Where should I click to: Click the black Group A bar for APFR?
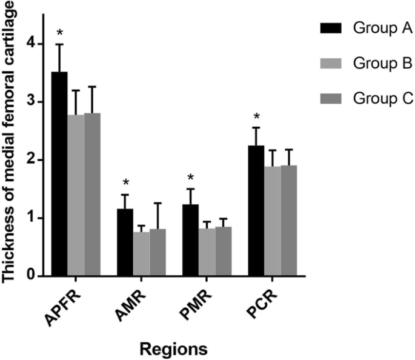tap(59, 175)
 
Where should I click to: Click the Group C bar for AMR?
tap(158, 253)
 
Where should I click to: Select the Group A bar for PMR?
tap(190, 241)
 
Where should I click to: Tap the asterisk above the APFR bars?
tap(59, 32)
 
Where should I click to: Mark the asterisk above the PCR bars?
tap(256, 117)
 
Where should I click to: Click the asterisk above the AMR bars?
tap(125, 182)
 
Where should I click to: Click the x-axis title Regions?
tap(174, 349)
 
